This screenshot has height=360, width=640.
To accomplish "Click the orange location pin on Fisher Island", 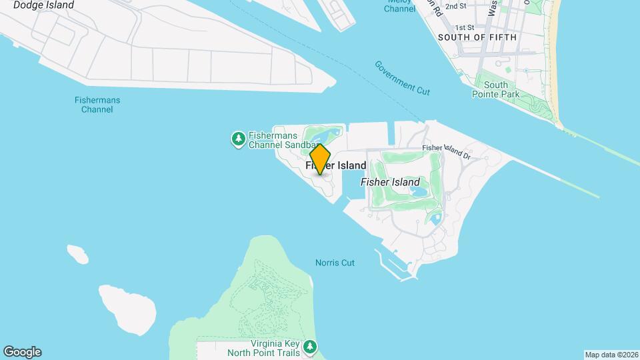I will click(x=321, y=159).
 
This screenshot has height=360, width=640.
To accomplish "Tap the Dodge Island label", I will click(x=43, y=5).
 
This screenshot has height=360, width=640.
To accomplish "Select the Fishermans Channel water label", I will click(x=97, y=105).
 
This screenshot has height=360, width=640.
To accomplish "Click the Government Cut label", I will click(x=402, y=77).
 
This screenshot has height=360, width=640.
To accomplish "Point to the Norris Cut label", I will click(x=335, y=263).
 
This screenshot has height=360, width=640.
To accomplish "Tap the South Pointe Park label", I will click(x=495, y=89).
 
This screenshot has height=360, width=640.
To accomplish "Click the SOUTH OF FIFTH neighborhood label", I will click(x=477, y=37).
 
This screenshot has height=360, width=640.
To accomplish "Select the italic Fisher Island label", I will click(x=390, y=182).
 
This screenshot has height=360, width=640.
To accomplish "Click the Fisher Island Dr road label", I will click(x=447, y=152).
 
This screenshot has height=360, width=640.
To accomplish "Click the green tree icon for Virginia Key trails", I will click(x=310, y=347).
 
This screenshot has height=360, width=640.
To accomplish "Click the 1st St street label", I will click(x=464, y=27).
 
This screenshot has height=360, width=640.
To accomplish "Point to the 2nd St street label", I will click(x=456, y=6).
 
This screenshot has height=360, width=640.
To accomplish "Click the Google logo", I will click(x=22, y=352).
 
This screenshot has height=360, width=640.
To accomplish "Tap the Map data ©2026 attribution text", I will click(x=611, y=355).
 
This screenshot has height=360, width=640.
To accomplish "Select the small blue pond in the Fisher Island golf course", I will click(x=419, y=192).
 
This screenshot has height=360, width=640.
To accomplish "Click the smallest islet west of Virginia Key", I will click(x=77, y=253).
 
